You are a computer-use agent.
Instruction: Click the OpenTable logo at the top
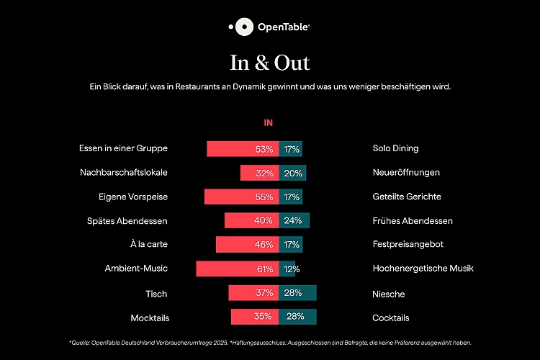(x=269, y=27)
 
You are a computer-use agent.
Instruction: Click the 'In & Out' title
(x=269, y=63)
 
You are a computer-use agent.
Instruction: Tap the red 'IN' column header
(x=269, y=123)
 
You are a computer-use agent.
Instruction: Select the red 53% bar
(x=243, y=149)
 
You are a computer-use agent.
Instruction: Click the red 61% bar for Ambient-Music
(x=237, y=269)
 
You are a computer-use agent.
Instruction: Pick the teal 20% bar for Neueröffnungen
(x=292, y=173)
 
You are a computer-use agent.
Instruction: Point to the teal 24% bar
(x=294, y=221)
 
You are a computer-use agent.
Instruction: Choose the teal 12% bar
(x=287, y=269)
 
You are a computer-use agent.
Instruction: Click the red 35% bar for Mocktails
(x=255, y=317)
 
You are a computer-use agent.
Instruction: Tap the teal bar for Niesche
(x=297, y=293)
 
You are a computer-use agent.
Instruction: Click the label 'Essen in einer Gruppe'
(x=123, y=148)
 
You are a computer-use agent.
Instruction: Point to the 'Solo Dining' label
(x=395, y=148)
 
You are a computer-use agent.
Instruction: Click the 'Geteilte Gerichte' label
(x=407, y=197)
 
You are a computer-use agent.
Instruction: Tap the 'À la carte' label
(x=149, y=245)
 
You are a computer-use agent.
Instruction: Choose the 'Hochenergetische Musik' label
(x=423, y=269)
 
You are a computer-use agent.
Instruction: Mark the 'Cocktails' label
(x=390, y=318)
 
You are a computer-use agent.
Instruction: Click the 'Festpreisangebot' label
(x=408, y=245)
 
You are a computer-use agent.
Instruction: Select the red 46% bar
(x=247, y=245)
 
